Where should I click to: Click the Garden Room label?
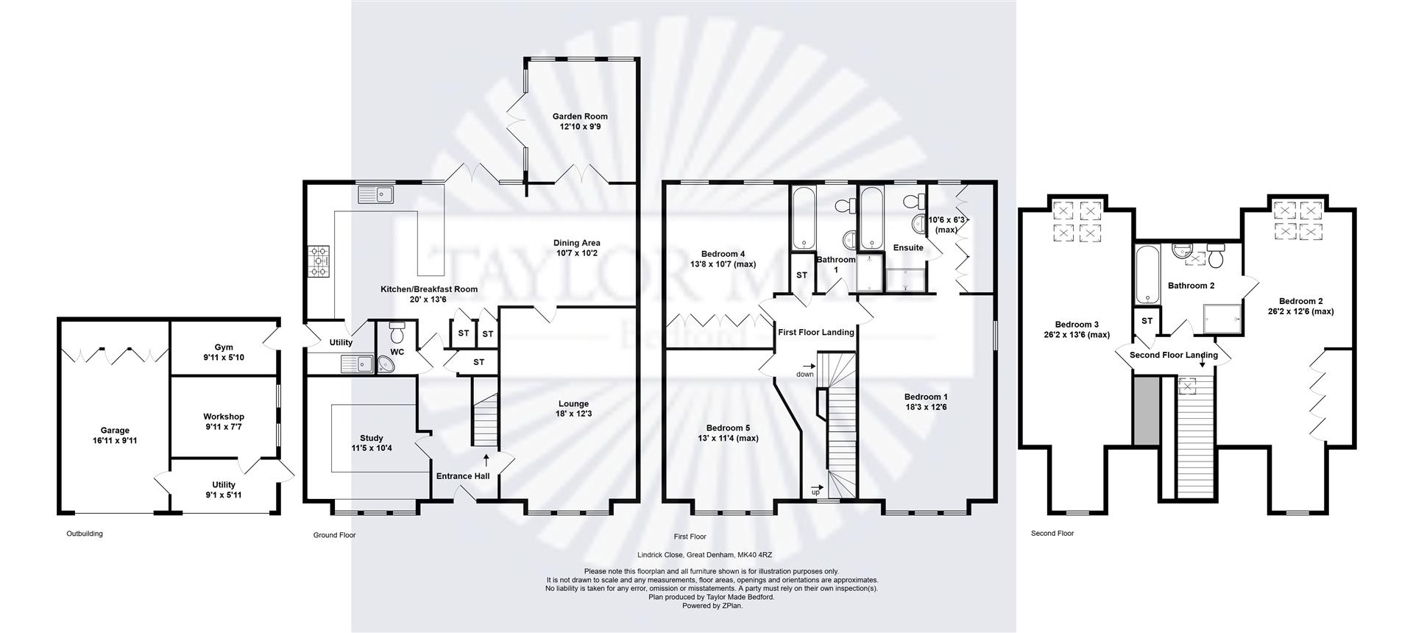580,116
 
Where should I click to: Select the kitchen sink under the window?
376,194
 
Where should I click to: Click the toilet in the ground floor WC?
397,333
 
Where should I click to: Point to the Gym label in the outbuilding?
224,347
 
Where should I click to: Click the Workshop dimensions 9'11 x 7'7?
224,427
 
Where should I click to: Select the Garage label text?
115,431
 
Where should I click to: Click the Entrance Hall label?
463,476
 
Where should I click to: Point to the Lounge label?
573,403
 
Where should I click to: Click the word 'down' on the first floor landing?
804,375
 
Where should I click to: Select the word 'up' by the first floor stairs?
815,492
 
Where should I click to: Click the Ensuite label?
907,248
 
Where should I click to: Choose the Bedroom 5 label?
728,428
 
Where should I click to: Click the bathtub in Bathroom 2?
1147,275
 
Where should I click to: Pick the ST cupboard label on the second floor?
1147,321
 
